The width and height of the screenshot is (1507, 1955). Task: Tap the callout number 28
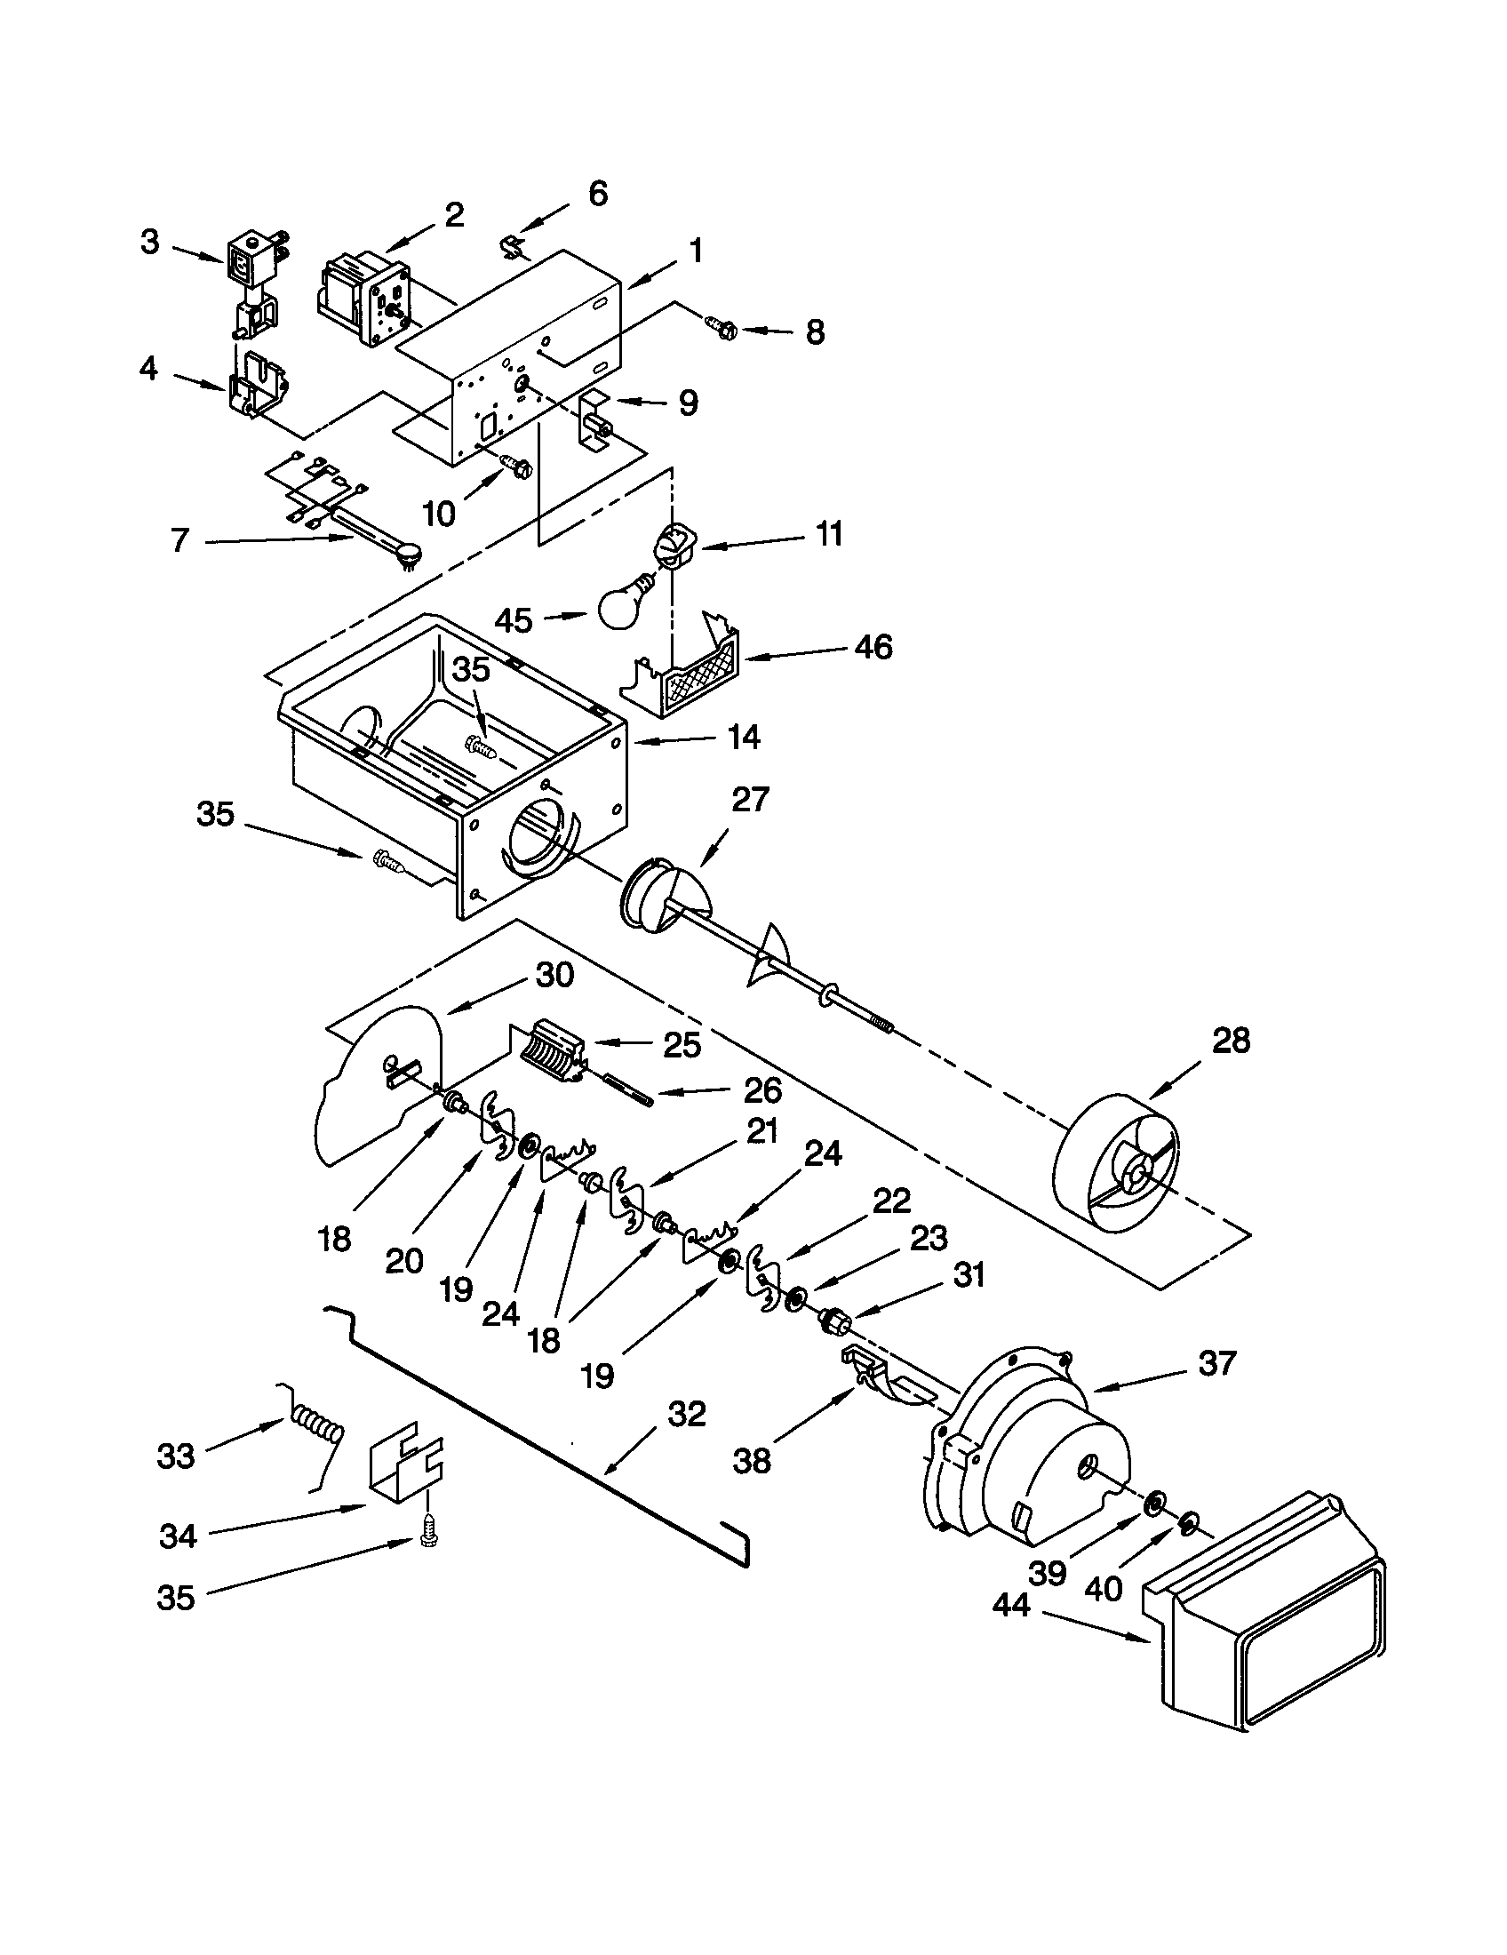1230,1041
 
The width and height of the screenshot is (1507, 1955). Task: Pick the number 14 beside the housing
744,737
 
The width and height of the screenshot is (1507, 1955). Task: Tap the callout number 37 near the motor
1217,1363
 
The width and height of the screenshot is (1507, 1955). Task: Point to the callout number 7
179,539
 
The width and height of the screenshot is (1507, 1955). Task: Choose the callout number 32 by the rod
686,1415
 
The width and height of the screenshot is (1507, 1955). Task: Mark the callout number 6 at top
597,194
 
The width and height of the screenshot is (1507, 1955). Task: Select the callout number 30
554,975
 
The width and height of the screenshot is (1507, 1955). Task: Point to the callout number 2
454,214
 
